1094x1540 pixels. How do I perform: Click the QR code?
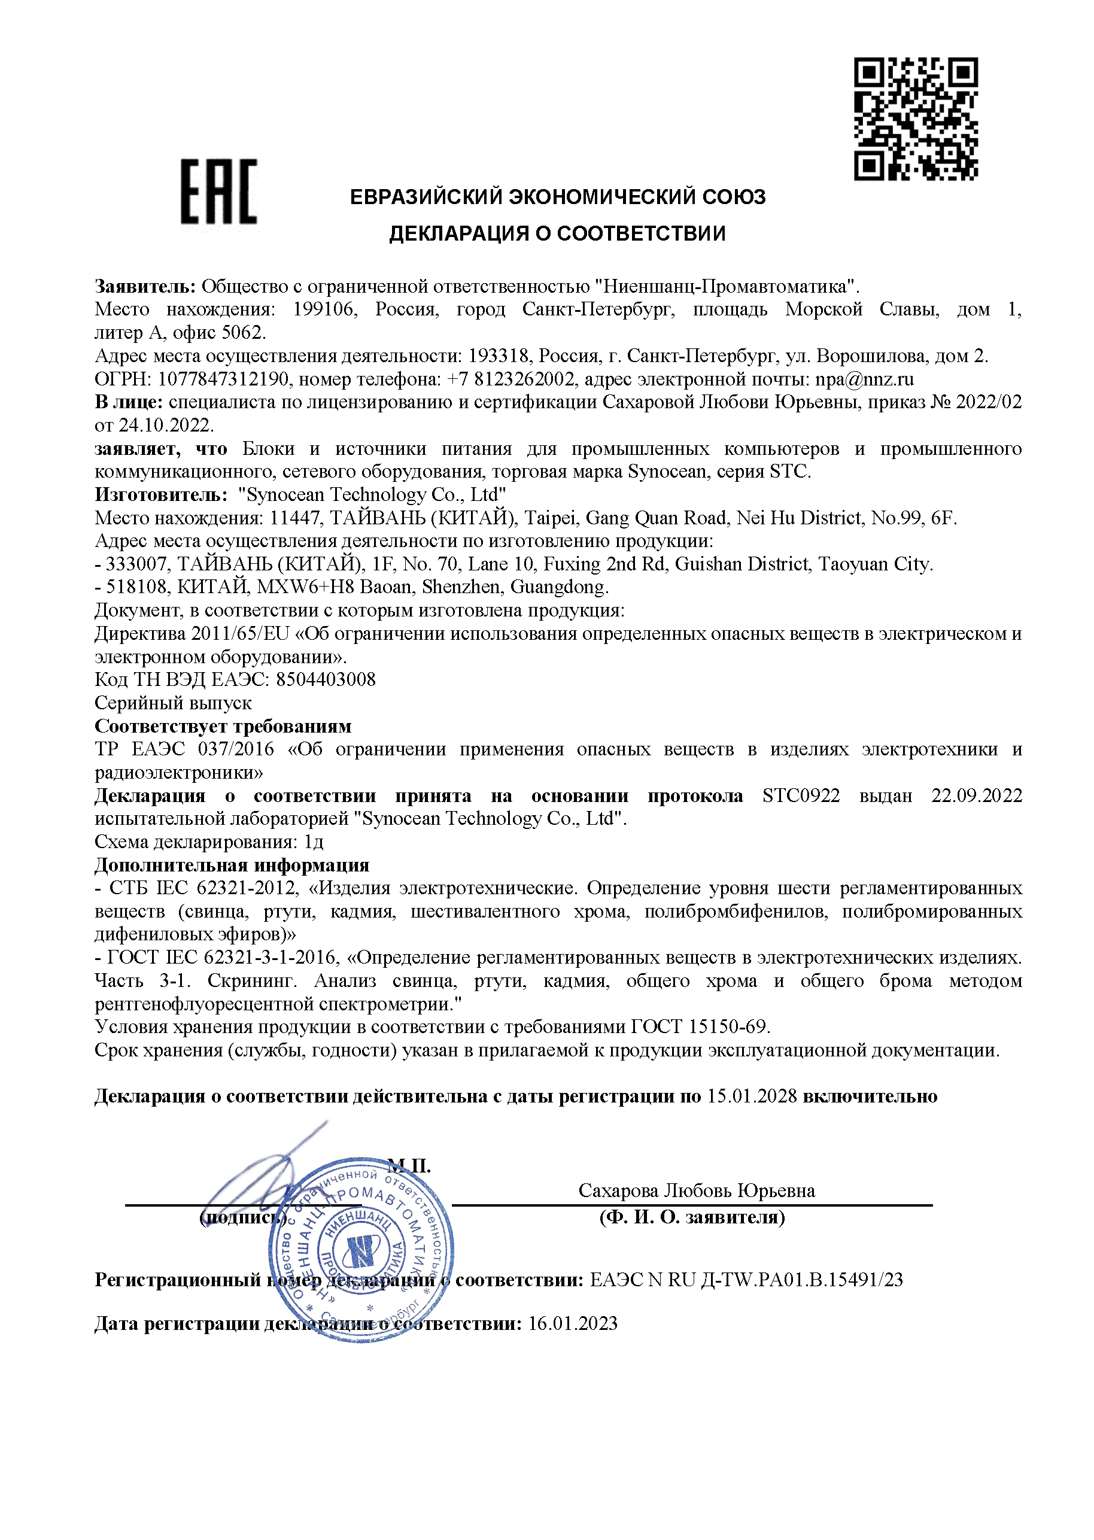click(x=916, y=119)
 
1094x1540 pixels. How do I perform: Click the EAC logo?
click(x=218, y=192)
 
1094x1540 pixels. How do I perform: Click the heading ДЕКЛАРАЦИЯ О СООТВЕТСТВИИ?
click(x=557, y=234)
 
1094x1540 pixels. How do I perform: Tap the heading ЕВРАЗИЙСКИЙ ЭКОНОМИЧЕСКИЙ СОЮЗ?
click(x=557, y=197)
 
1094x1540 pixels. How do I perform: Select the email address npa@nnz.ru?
click(x=864, y=379)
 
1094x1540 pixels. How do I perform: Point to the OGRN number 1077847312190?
click(x=223, y=379)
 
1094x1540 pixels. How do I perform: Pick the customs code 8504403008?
click(x=326, y=679)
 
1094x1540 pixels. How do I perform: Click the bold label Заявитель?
click(x=145, y=286)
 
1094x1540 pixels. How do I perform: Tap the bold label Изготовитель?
click(x=161, y=494)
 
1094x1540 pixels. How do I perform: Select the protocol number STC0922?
click(x=801, y=795)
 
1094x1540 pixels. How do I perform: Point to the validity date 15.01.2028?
click(x=751, y=1096)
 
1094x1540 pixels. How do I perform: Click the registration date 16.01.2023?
click(x=573, y=1324)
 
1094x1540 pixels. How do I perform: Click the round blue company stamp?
click(x=361, y=1252)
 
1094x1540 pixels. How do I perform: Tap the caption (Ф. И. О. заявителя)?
click(x=692, y=1217)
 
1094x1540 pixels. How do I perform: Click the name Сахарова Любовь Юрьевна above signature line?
click(x=697, y=1190)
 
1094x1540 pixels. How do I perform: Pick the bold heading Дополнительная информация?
click(x=232, y=865)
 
